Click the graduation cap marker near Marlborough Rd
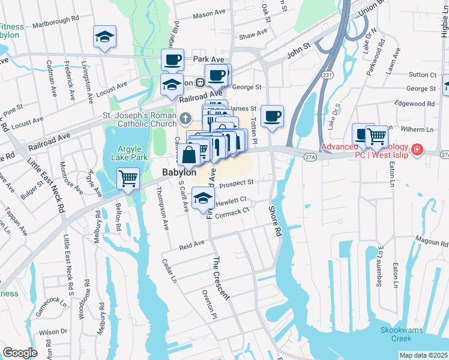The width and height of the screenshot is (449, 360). [x=104, y=37]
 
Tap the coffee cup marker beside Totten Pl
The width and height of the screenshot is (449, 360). [x=272, y=116]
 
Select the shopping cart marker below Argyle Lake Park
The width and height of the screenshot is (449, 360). [x=128, y=178]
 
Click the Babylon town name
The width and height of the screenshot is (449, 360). [x=178, y=172]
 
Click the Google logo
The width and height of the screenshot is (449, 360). [x=20, y=353]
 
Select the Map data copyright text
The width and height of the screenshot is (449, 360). [x=424, y=355]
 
